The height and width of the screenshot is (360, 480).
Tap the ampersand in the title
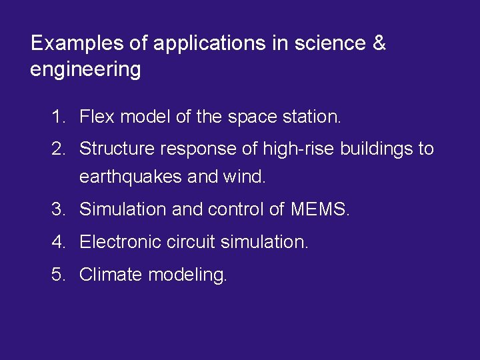(379, 44)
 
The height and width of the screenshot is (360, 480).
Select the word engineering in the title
(85, 69)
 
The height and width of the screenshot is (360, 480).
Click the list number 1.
(58, 118)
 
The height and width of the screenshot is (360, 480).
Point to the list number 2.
(58, 149)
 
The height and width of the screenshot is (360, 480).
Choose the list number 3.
(58, 209)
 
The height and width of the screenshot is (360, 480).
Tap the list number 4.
(58, 241)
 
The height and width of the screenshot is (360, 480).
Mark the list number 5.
(58, 274)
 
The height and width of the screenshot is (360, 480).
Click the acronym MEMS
(320, 209)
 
